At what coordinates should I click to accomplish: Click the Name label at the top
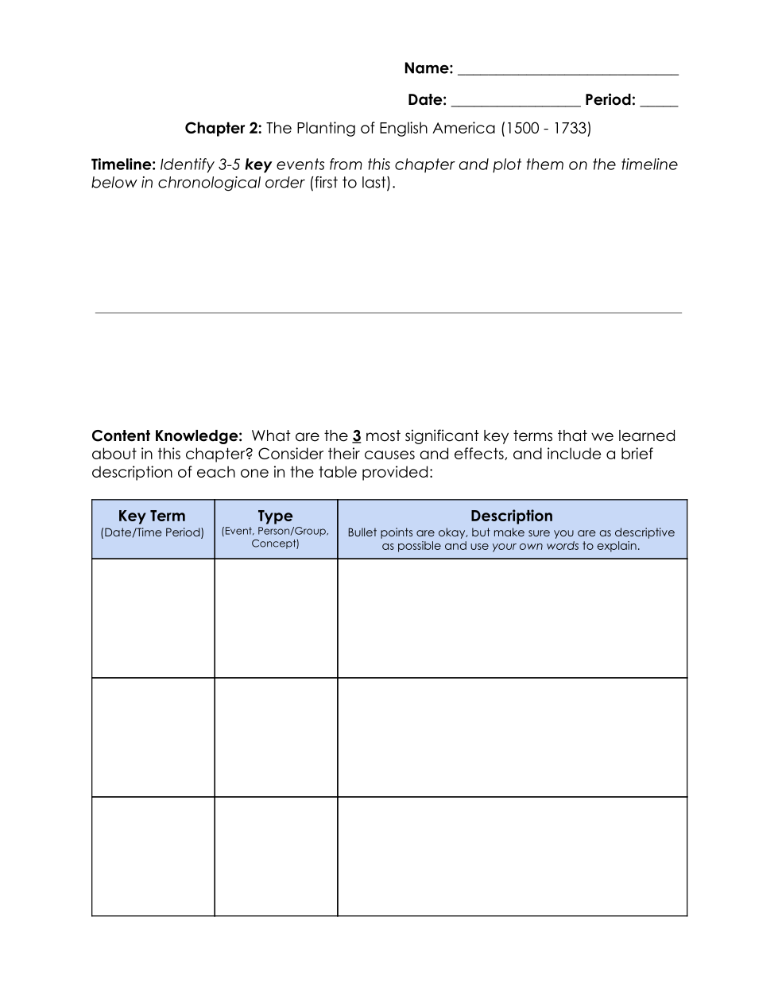click(x=428, y=68)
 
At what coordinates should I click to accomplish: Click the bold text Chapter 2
click(x=223, y=129)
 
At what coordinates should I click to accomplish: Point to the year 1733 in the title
click(x=569, y=129)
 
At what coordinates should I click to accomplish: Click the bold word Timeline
click(x=123, y=165)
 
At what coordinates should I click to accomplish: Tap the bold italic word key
click(x=258, y=165)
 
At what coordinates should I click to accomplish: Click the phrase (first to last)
click(x=352, y=183)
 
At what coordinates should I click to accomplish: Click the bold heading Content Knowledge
click(x=166, y=436)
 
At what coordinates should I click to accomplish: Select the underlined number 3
click(x=357, y=436)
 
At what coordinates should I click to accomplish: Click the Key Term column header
click(x=152, y=517)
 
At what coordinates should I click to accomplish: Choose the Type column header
click(x=275, y=517)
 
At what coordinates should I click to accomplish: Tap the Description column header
click(x=511, y=517)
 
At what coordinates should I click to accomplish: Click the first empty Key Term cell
click(x=153, y=618)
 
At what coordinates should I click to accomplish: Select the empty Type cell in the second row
click(x=276, y=737)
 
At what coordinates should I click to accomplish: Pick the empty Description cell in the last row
click(x=512, y=857)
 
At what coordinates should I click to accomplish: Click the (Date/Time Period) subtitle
click(x=152, y=533)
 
